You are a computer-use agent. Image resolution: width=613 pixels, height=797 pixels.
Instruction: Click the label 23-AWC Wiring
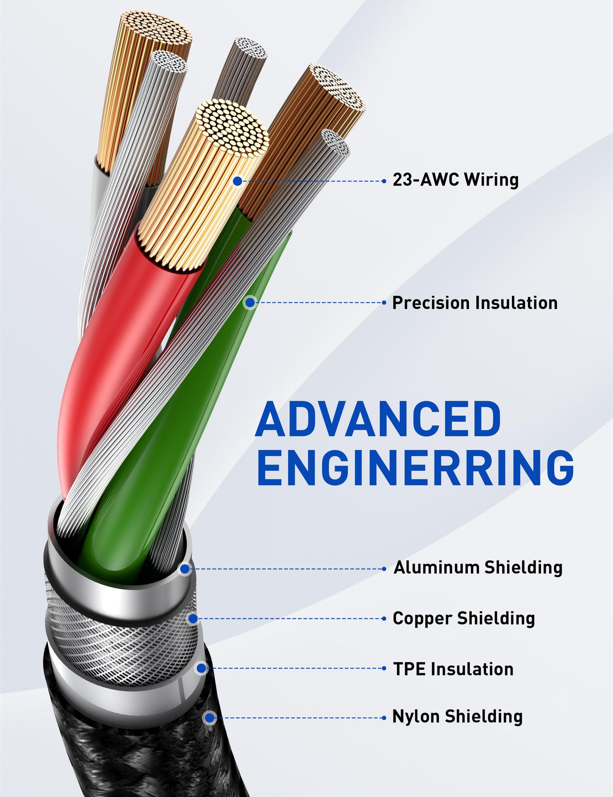pos(455,180)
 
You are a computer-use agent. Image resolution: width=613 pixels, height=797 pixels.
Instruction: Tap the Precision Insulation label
pos(475,303)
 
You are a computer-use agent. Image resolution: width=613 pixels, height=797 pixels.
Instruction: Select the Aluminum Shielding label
pos(478,568)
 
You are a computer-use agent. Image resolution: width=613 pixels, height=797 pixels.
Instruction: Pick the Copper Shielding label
pos(464,618)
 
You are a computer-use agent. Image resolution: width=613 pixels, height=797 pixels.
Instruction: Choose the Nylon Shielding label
pos(457,716)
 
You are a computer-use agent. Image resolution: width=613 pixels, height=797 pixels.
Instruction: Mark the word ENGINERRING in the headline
pos(415,468)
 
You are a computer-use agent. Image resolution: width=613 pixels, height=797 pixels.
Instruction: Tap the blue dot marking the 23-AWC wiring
pos(237,181)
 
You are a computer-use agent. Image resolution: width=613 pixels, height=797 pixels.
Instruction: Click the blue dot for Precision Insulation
pos(250,302)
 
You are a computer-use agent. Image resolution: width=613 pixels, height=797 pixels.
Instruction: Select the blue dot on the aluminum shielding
pos(185,569)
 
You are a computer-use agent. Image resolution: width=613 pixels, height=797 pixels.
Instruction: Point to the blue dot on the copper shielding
pos(193,618)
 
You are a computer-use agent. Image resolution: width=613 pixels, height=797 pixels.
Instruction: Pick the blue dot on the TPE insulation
pos(201,669)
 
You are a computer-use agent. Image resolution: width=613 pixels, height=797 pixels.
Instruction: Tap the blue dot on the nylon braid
pos(210,717)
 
